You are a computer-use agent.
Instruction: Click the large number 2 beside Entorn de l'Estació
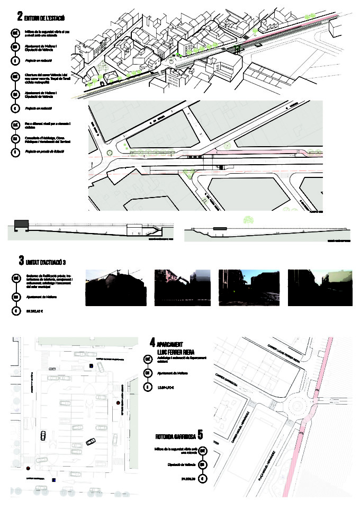[20, 17]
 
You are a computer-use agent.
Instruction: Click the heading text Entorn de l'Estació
[46, 19]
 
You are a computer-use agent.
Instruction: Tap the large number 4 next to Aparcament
[152, 342]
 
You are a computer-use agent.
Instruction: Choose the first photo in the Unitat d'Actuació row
[115, 288]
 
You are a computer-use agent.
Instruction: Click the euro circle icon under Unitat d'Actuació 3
[16, 311]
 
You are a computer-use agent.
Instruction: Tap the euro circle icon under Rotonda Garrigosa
[202, 479]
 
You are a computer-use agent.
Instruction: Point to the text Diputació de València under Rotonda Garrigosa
[183, 465]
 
